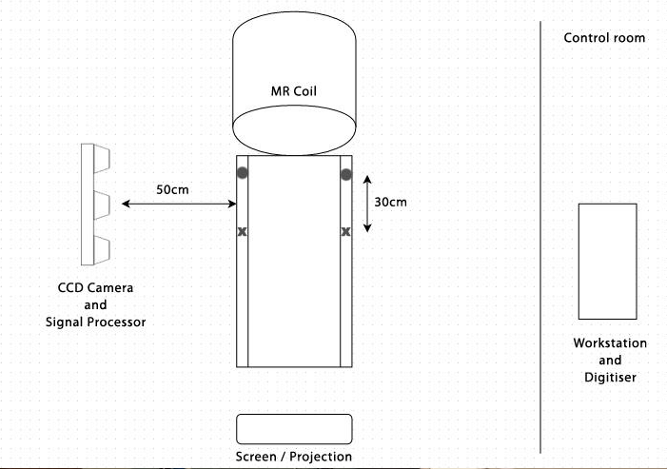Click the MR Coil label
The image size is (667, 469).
(x=294, y=92)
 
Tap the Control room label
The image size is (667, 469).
(x=604, y=38)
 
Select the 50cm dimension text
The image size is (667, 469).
(x=173, y=189)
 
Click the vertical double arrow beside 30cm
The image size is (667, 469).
(x=368, y=202)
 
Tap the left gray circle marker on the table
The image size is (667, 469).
(x=243, y=173)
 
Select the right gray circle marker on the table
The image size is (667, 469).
(x=346, y=173)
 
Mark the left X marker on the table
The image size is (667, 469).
(x=242, y=231)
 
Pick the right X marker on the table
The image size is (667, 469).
(x=346, y=231)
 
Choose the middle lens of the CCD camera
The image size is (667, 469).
(x=102, y=203)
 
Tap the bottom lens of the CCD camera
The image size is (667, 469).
(x=102, y=248)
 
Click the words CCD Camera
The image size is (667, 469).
(x=95, y=287)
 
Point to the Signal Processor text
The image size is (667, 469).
(x=95, y=322)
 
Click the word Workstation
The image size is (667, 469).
(x=610, y=343)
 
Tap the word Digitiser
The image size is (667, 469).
(x=610, y=378)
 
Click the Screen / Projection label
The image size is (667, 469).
(x=294, y=457)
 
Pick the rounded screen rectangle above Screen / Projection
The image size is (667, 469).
(x=294, y=428)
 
